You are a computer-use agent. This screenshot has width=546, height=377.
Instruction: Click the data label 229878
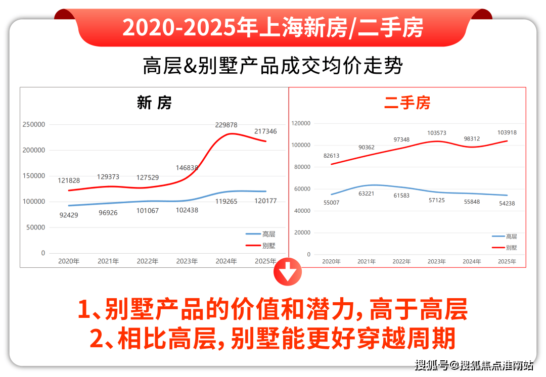click(x=226, y=125)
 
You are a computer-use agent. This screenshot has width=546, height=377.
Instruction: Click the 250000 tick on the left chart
click(x=34, y=124)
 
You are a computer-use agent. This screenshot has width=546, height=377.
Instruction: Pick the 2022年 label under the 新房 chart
click(x=147, y=261)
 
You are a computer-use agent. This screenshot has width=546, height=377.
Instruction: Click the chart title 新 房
click(x=154, y=103)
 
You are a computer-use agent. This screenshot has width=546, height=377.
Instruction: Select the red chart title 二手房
click(x=407, y=103)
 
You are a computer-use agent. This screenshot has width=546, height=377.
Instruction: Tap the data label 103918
click(x=506, y=132)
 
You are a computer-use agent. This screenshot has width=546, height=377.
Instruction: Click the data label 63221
click(x=367, y=194)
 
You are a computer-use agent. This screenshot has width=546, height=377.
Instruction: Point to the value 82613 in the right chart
click(x=332, y=156)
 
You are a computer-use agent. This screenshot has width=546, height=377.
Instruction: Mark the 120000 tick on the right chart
click(x=301, y=123)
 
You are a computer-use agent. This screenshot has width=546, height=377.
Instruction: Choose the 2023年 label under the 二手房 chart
click(x=436, y=262)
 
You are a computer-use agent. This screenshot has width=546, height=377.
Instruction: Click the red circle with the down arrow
click(x=287, y=273)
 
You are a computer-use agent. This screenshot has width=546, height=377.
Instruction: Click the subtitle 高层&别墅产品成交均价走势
click(x=272, y=66)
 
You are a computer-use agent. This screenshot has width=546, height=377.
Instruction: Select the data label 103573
click(x=437, y=133)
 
